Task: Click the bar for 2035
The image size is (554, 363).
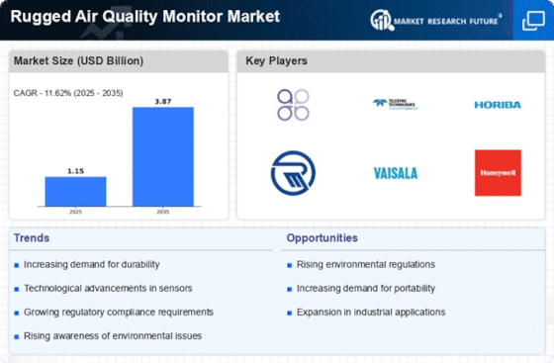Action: pyautogui.click(x=163, y=156)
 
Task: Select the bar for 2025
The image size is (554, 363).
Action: pyautogui.click(x=75, y=191)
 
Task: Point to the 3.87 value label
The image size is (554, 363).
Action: pyautogui.click(x=163, y=101)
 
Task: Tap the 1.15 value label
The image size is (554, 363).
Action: pyautogui.click(x=75, y=170)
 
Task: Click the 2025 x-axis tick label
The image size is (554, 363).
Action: pyautogui.click(x=75, y=212)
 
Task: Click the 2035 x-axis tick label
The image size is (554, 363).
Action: pyautogui.click(x=163, y=212)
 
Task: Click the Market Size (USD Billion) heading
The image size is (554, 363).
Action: pyautogui.click(x=77, y=61)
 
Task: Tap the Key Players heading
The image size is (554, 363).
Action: pyautogui.click(x=277, y=61)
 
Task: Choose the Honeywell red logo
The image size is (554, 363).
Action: pyautogui.click(x=498, y=172)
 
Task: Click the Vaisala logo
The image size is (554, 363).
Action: pyautogui.click(x=396, y=173)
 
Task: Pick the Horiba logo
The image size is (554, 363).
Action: pyautogui.click(x=498, y=105)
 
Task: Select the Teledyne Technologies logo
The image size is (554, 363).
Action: pyautogui.click(x=396, y=103)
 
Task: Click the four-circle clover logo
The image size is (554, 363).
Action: pyautogui.click(x=293, y=104)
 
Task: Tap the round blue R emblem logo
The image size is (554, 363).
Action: pyautogui.click(x=293, y=172)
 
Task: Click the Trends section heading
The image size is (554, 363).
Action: pyautogui.click(x=33, y=237)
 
